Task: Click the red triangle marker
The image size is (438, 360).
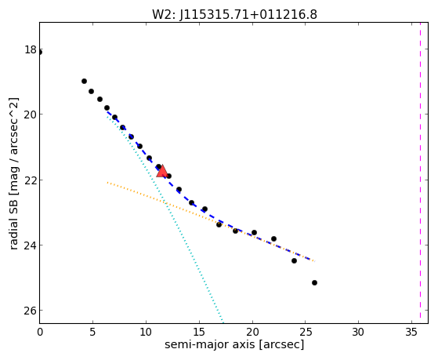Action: [x=162, y=171]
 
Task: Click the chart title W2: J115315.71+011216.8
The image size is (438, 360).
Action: [x=234, y=15]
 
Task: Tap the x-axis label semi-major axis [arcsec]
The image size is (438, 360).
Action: [x=234, y=344]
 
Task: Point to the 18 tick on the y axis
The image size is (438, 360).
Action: [x=31, y=49]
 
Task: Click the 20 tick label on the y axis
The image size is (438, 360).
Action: [x=31, y=115]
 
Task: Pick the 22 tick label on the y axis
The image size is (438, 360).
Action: [x=31, y=180]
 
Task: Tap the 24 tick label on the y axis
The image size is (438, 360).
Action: [x=31, y=245]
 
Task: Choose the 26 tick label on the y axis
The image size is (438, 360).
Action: [x=31, y=311]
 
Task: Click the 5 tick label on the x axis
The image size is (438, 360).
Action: [x=92, y=332]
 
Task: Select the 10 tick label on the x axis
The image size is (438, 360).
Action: [x=146, y=332]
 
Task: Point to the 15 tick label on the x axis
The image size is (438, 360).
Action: [x=199, y=332]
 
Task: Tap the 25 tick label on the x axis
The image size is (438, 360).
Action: [x=306, y=332]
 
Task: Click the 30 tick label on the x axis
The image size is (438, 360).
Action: [x=358, y=332]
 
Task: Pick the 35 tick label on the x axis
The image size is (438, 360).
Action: [x=411, y=332]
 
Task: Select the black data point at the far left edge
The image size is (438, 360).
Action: [x=40, y=53]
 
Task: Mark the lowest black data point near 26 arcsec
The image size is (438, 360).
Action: [x=314, y=283]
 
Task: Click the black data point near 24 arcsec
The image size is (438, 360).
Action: [x=294, y=260]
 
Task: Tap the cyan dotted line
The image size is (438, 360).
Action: [x=165, y=219]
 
